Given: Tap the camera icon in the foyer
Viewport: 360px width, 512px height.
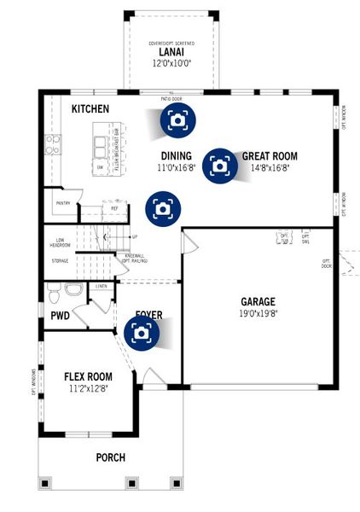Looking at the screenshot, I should click(x=142, y=333).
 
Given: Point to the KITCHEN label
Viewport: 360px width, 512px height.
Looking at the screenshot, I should click(x=91, y=109).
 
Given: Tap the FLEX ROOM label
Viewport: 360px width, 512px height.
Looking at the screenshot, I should click(x=89, y=375).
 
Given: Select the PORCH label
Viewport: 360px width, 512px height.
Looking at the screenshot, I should click(x=110, y=457).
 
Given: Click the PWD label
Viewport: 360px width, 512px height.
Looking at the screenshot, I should click(x=60, y=316).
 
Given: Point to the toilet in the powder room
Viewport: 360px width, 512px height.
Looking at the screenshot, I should click(x=53, y=294).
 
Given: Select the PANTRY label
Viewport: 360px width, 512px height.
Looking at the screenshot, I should click(x=62, y=203).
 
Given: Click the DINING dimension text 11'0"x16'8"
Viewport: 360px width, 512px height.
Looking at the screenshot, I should click(x=176, y=168).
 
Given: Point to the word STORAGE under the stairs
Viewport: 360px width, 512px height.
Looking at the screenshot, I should click(x=60, y=260).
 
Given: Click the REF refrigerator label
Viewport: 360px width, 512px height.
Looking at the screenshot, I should click(x=114, y=207).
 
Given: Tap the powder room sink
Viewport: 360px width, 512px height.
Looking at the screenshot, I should click(x=74, y=291).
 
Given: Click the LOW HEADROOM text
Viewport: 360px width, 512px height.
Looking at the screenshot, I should click(x=60, y=242).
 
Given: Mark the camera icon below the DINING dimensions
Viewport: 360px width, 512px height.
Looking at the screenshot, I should click(x=162, y=207).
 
